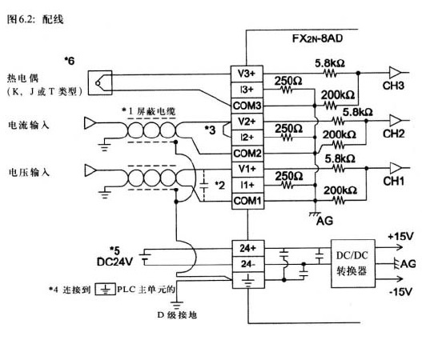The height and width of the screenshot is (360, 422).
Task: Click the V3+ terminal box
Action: point(247,74)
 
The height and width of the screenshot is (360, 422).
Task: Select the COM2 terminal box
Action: point(247,154)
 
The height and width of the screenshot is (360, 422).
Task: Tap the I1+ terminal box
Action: point(247,185)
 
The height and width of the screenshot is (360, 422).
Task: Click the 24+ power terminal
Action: point(248,249)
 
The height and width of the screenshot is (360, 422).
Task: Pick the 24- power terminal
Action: point(248,264)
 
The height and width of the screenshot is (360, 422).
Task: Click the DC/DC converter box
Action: point(353,263)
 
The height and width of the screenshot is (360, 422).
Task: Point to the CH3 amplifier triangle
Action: point(395,73)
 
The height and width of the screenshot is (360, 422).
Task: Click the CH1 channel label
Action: point(393,182)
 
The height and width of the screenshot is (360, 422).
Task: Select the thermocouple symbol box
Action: point(100,82)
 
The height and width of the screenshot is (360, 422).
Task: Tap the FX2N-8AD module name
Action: point(318,38)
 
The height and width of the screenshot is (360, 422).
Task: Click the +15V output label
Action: point(400,236)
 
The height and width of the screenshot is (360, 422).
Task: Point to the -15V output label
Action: point(400,292)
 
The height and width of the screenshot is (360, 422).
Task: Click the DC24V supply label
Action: point(115,262)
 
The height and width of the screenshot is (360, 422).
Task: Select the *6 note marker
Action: point(69,61)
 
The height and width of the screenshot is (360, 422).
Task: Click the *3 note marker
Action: point(210,130)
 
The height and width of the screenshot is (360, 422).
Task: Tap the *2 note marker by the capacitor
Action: point(220,186)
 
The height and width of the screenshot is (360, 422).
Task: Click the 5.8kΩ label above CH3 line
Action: point(330,63)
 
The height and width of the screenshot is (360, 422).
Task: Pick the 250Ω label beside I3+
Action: point(288,81)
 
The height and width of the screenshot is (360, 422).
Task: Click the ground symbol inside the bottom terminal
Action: point(248,281)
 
